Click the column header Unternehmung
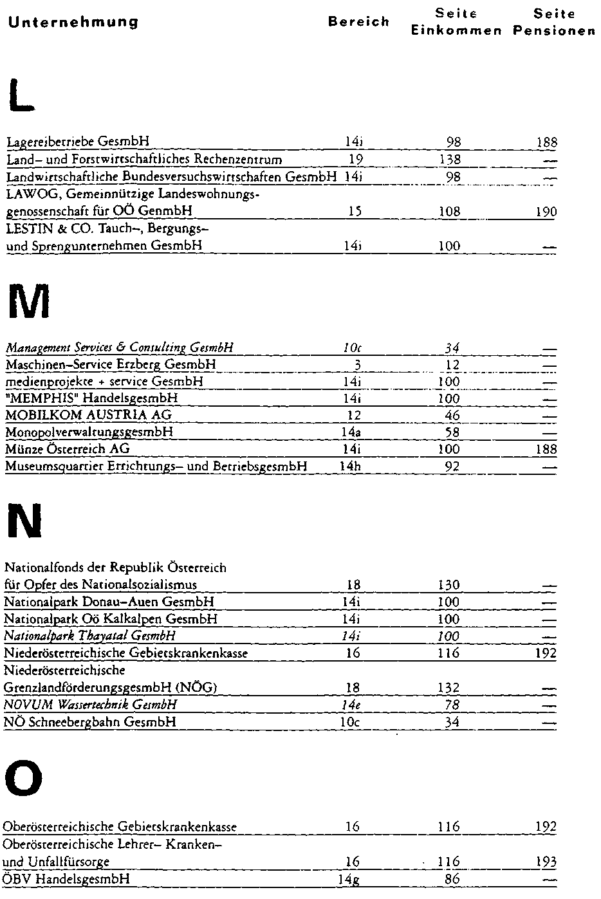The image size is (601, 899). [73, 22]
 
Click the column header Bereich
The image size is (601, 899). [358, 22]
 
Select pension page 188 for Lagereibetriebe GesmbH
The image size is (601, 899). [547, 142]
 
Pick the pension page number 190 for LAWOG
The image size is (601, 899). [547, 212]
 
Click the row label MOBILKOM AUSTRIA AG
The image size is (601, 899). [88, 415]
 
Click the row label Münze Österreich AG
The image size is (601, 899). [68, 449]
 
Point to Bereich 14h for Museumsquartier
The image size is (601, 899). [350, 466]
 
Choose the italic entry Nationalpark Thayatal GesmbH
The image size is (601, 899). [89, 636]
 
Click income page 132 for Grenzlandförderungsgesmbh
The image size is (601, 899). [448, 688]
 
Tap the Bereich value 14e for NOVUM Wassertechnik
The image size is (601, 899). [350, 705]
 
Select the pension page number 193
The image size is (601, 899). [546, 862]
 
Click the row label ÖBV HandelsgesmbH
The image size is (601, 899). [66, 879]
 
